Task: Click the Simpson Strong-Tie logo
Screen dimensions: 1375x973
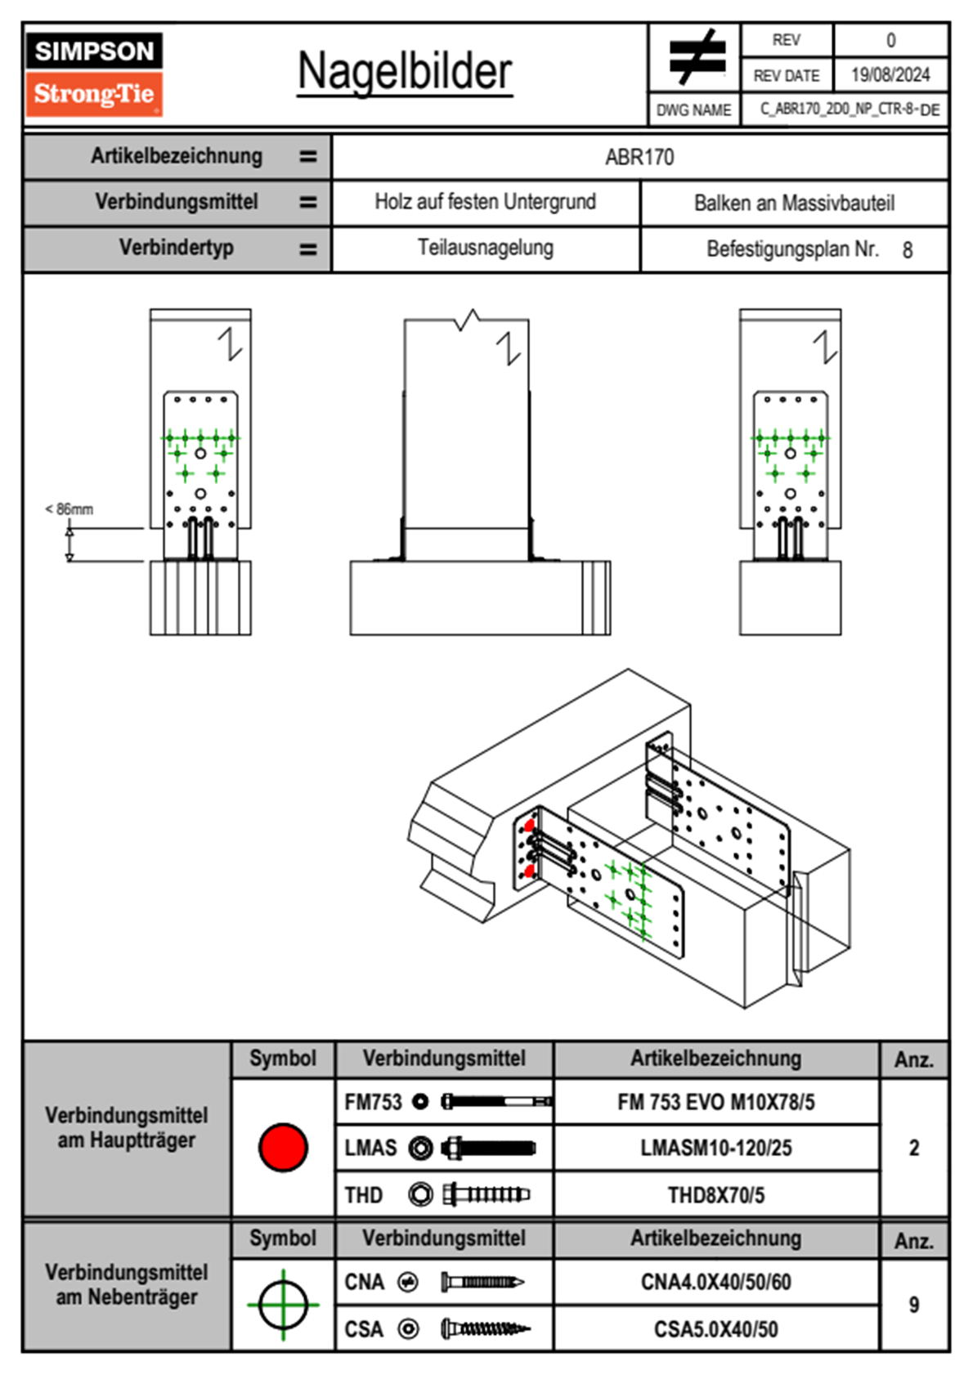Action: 94,74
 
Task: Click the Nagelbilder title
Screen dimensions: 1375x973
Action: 405,72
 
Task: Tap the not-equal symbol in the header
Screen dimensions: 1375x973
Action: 696,57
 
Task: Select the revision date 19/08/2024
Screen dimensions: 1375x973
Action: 890,75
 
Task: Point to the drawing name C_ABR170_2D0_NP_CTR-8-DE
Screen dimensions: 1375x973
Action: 850,110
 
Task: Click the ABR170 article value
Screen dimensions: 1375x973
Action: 639,157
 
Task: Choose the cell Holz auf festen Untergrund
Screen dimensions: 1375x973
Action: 485,202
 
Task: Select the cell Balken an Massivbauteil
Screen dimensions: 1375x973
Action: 794,203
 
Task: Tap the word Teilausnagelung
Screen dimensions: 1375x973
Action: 485,248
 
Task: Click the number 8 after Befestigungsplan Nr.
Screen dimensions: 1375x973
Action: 908,250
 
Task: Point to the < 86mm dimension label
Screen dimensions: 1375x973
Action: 69,509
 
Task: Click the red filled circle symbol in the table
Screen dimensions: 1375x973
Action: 283,1147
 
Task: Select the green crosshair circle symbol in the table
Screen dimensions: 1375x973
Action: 283,1305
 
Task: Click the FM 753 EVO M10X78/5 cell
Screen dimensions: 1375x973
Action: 715,1103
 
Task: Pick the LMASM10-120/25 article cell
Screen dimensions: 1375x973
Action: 715,1149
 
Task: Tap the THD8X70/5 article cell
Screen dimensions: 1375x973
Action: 715,1195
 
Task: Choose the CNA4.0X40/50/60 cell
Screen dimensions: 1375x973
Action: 715,1282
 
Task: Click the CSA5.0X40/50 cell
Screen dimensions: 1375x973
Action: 715,1329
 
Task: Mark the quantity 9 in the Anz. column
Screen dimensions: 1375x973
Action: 914,1305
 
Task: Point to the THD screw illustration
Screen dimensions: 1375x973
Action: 486,1195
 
